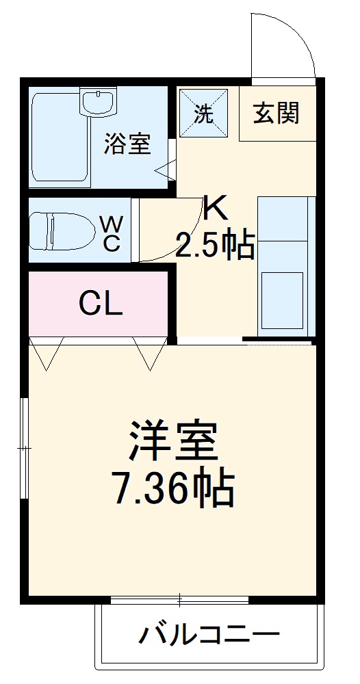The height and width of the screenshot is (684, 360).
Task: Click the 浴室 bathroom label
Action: pos(127,144)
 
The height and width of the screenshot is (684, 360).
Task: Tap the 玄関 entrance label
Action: pos(277,113)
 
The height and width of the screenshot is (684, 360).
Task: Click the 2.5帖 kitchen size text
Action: pos(215,244)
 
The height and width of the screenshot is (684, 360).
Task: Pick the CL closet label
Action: pos(100,303)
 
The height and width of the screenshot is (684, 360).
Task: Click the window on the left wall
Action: pos(25,448)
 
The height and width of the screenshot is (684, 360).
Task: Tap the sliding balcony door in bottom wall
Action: pos(179,601)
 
